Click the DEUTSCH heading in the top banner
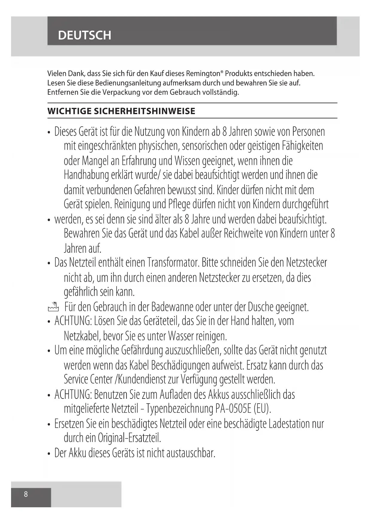click(x=85, y=35)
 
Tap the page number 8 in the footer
click(x=26, y=494)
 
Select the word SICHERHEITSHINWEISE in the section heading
click(x=145, y=111)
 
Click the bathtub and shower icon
click(x=53, y=307)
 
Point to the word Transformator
click(x=173, y=263)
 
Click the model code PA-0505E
click(x=234, y=408)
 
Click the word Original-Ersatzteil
click(x=129, y=438)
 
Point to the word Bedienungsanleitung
click(x=128, y=83)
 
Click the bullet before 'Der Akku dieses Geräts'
click(x=49, y=454)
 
